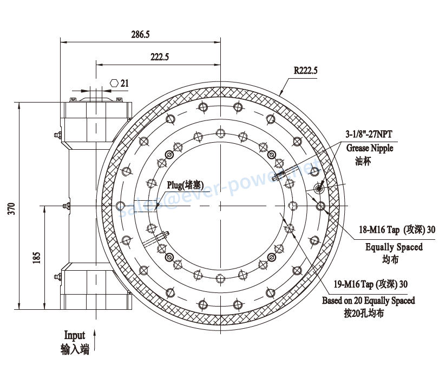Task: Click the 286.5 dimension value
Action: (140, 35)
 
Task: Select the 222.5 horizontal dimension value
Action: (160, 57)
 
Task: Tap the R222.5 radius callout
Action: (305, 71)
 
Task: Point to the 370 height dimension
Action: (11, 208)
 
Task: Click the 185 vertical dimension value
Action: (37, 258)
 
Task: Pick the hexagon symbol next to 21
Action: (114, 83)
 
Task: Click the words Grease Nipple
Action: (370, 148)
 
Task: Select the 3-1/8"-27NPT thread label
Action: (369, 134)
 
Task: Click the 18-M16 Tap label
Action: (379, 230)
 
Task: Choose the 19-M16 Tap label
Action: (353, 284)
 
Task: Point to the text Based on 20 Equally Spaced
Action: (369, 301)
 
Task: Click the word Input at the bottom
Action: (75, 335)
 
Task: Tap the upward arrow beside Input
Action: (95, 340)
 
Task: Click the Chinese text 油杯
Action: (363, 161)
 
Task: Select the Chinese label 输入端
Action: (75, 349)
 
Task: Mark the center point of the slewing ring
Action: (220, 206)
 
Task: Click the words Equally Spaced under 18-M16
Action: (394, 247)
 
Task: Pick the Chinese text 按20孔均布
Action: (364, 313)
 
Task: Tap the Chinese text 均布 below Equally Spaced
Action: (390, 259)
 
